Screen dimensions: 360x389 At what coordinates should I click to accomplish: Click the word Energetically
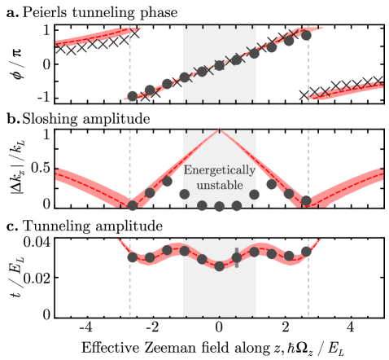coord(219,171)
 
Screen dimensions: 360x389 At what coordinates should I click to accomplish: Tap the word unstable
coord(219,186)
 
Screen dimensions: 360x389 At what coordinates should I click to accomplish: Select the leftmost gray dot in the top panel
coord(133,96)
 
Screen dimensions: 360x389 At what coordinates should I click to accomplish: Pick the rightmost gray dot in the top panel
coord(306,35)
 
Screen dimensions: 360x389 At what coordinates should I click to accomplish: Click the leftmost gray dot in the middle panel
coord(133,205)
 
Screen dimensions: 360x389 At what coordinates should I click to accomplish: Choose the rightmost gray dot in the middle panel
coord(306,200)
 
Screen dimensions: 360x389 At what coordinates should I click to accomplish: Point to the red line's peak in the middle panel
coord(219,130)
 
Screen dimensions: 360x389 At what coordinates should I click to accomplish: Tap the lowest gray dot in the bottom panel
coord(219,266)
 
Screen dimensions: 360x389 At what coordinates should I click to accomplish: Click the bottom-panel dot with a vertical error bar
coord(237,257)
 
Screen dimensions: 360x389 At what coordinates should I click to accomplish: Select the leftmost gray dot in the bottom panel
coord(133,257)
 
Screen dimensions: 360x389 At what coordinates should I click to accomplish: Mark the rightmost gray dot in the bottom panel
coord(306,251)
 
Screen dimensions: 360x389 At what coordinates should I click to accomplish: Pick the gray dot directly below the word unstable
coord(219,206)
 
